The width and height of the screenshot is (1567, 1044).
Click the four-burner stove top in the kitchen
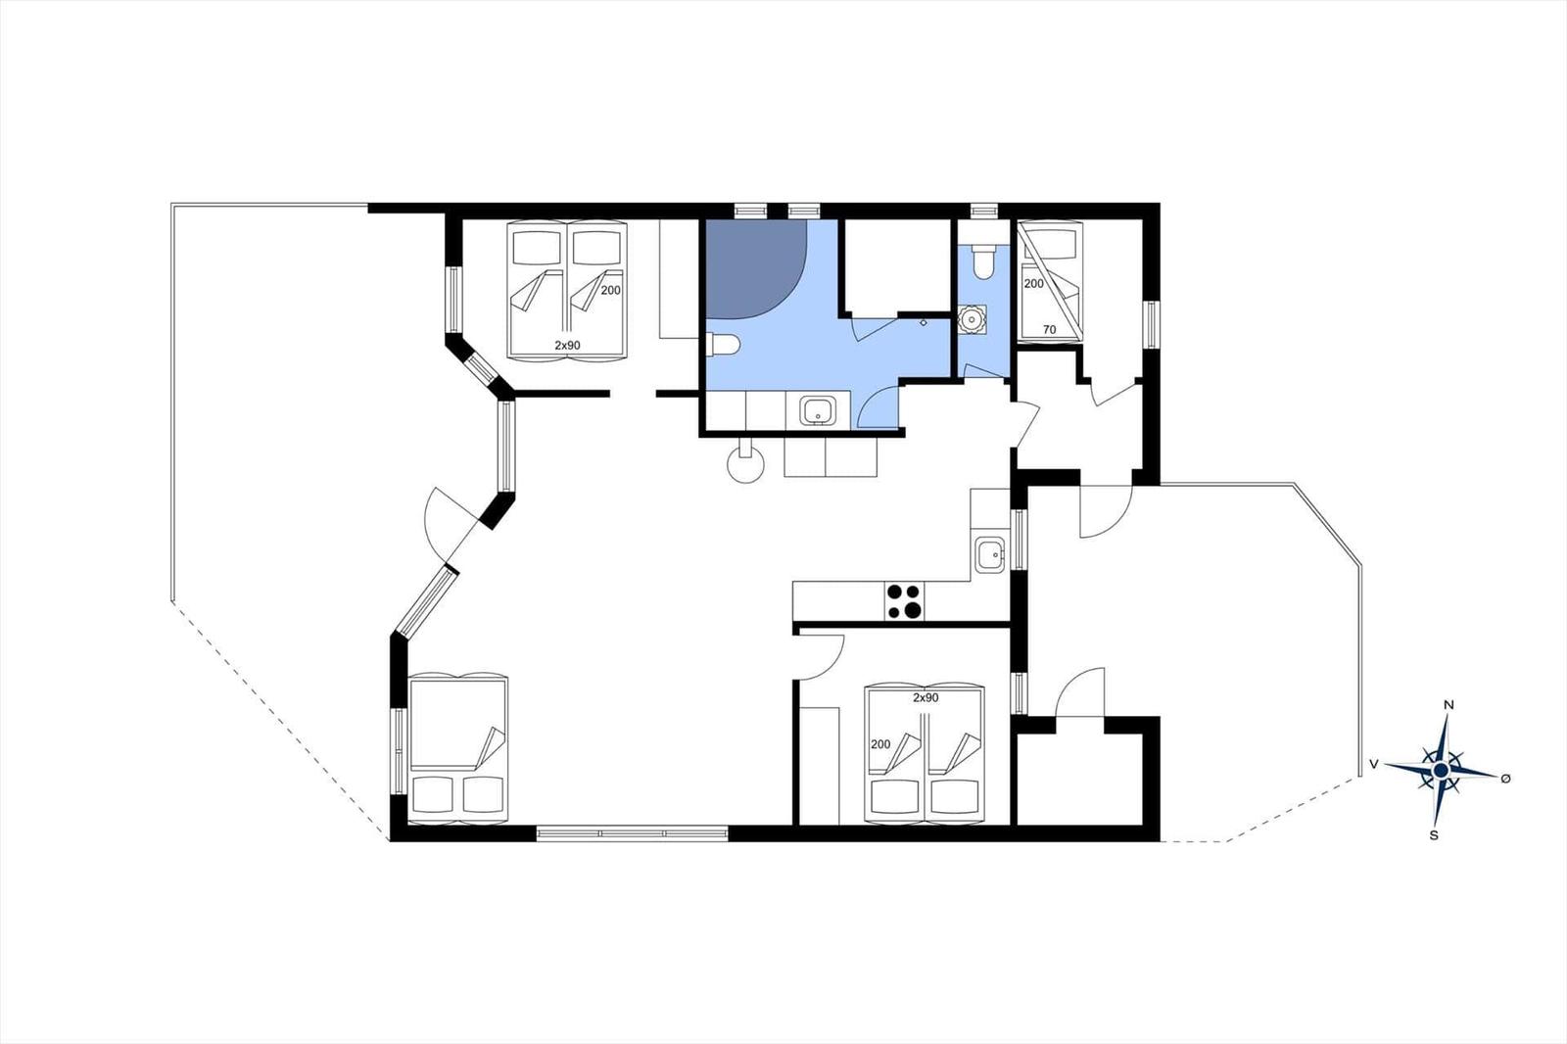click(904, 601)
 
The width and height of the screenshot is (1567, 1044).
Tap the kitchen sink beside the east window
click(990, 555)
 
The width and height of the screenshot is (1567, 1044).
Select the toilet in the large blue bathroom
click(723, 345)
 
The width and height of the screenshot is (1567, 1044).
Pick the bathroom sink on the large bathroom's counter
click(817, 410)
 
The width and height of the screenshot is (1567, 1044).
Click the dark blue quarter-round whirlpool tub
click(756, 269)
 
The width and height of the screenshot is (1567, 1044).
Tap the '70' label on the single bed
click(1049, 330)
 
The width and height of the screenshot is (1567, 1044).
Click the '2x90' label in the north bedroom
click(567, 345)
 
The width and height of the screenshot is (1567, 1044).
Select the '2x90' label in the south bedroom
click(926, 697)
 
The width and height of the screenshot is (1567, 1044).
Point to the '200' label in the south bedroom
click(880, 744)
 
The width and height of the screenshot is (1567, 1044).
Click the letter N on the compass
click(1449, 704)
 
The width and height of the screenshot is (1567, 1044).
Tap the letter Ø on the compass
click(1506, 778)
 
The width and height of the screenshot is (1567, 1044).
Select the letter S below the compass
click(1434, 835)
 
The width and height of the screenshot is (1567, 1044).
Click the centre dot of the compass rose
click(1441, 771)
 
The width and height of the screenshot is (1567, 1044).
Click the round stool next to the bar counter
click(745, 463)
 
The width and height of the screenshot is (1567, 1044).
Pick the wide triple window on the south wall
click(633, 833)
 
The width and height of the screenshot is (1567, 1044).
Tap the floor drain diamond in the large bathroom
click(924, 323)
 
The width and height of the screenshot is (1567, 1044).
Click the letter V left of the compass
click(1374, 764)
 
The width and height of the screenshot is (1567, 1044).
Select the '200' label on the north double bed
click(611, 291)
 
